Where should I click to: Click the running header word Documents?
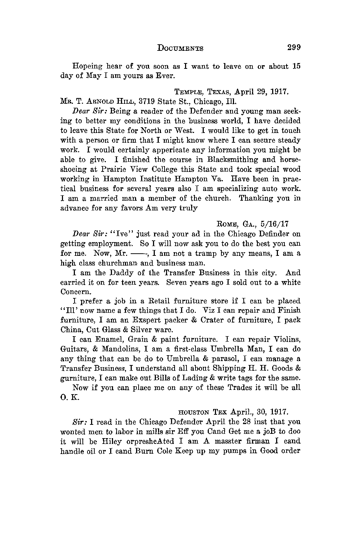180,48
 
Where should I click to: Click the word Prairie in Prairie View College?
120,169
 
